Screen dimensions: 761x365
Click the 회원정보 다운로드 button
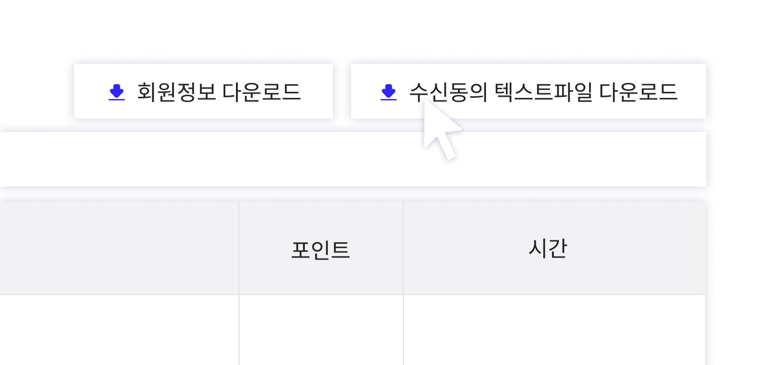203,91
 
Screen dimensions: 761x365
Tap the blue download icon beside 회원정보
117,92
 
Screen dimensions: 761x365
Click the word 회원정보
177,92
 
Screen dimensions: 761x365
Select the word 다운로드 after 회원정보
262,92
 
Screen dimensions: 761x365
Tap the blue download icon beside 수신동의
389,92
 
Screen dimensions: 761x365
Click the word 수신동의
448,92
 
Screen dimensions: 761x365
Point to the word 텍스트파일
543,92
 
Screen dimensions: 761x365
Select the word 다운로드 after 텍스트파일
638,92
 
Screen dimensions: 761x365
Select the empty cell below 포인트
321,330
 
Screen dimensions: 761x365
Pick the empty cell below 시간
555,330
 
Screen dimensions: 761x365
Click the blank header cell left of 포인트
119,248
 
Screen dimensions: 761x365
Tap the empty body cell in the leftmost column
119,330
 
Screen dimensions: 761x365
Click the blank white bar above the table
353,159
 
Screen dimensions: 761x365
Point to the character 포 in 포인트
300,250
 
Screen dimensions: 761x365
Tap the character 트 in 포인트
340,250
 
